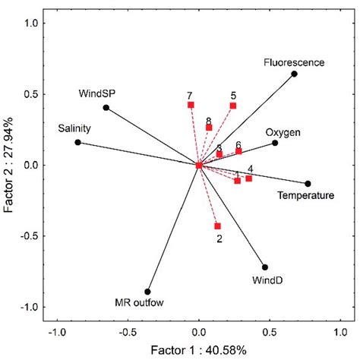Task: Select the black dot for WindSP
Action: (106, 108)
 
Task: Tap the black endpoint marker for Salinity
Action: (77, 142)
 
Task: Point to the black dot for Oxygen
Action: (276, 143)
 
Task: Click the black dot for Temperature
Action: (308, 184)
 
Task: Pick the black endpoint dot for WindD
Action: (265, 267)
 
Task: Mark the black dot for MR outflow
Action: (148, 292)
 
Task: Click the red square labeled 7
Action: (191, 105)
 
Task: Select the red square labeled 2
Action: (218, 226)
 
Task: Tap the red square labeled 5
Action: (233, 106)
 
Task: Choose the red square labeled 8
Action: (209, 128)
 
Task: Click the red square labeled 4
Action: (248, 178)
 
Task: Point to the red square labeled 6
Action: (238, 151)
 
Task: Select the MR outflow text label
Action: (140, 305)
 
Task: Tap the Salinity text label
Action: (74, 128)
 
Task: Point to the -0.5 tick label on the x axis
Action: (128, 332)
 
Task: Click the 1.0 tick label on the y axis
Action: (31, 23)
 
